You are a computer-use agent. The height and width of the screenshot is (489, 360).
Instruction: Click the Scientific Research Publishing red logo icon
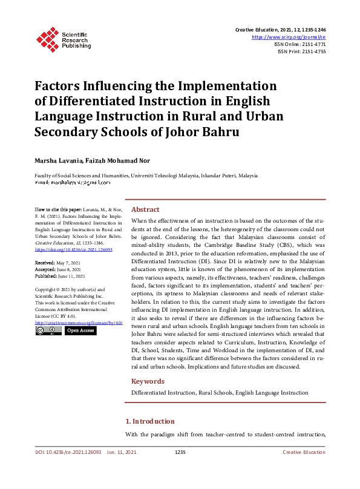coord(46,38)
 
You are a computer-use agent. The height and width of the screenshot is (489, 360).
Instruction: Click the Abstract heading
coord(145,209)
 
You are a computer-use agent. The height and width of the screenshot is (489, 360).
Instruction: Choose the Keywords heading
coord(148,381)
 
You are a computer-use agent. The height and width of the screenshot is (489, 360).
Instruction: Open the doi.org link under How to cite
coord(65,249)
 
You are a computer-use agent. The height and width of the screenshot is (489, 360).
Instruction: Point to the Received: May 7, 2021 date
coord(57,263)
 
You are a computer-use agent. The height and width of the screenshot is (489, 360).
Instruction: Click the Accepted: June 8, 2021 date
coord(58,269)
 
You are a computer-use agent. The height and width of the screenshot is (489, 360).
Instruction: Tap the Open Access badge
coord(79,331)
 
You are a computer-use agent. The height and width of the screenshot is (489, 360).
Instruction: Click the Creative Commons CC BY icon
coord(48,331)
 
